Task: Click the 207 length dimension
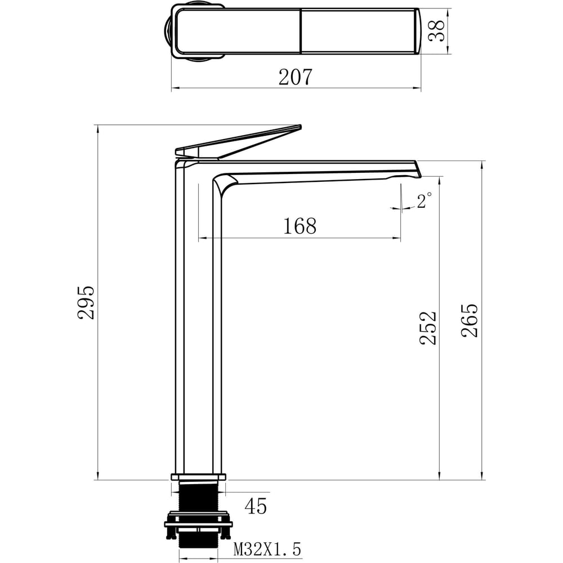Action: coord(296,77)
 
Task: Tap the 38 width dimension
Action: coord(437,31)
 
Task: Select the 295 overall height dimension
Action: coord(86,302)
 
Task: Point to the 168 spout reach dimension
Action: coord(300,226)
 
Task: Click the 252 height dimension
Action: coord(428,328)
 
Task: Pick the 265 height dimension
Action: coord(470,321)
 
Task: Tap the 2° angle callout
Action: coord(424,200)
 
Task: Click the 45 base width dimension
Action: coord(256,506)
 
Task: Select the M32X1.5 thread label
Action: coord(267,549)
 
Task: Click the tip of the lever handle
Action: coord(300,126)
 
